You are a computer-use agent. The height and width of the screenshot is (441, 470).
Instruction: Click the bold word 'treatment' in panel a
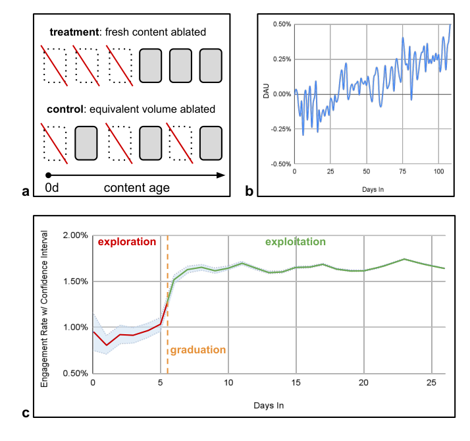(x=74, y=32)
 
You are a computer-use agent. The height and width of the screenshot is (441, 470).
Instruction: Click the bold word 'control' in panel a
(x=65, y=109)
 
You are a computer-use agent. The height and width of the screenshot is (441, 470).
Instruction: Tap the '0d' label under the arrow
(x=52, y=188)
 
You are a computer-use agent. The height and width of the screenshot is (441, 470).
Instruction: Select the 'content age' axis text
(x=137, y=189)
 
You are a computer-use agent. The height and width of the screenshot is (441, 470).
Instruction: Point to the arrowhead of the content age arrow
(x=221, y=175)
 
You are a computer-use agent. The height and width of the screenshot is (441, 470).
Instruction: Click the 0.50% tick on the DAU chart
(x=282, y=24)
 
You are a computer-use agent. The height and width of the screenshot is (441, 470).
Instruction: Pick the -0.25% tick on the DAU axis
(x=281, y=129)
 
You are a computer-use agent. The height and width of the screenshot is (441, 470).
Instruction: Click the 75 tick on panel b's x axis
(x=403, y=171)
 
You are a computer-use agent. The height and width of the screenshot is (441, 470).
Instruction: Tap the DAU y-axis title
(x=266, y=91)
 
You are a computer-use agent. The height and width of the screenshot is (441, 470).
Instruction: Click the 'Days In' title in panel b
(x=373, y=189)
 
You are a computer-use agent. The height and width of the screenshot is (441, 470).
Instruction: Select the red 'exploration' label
(x=127, y=242)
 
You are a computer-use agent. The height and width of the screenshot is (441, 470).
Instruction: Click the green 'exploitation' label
(x=296, y=242)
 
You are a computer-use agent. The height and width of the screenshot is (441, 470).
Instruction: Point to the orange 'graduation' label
(x=198, y=350)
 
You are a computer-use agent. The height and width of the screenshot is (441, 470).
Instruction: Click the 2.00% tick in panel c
(x=75, y=235)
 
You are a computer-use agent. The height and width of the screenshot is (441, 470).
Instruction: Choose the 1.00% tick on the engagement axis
(x=75, y=327)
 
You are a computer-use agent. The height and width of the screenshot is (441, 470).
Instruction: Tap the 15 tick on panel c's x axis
(x=296, y=382)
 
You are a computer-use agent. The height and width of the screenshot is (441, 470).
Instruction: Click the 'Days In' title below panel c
(x=269, y=405)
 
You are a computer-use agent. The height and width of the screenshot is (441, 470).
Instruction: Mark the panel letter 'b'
(x=249, y=191)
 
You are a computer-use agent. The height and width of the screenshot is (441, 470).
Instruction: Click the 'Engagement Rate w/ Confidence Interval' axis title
(x=44, y=309)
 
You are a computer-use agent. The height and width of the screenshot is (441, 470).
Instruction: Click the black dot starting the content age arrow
(x=48, y=175)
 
